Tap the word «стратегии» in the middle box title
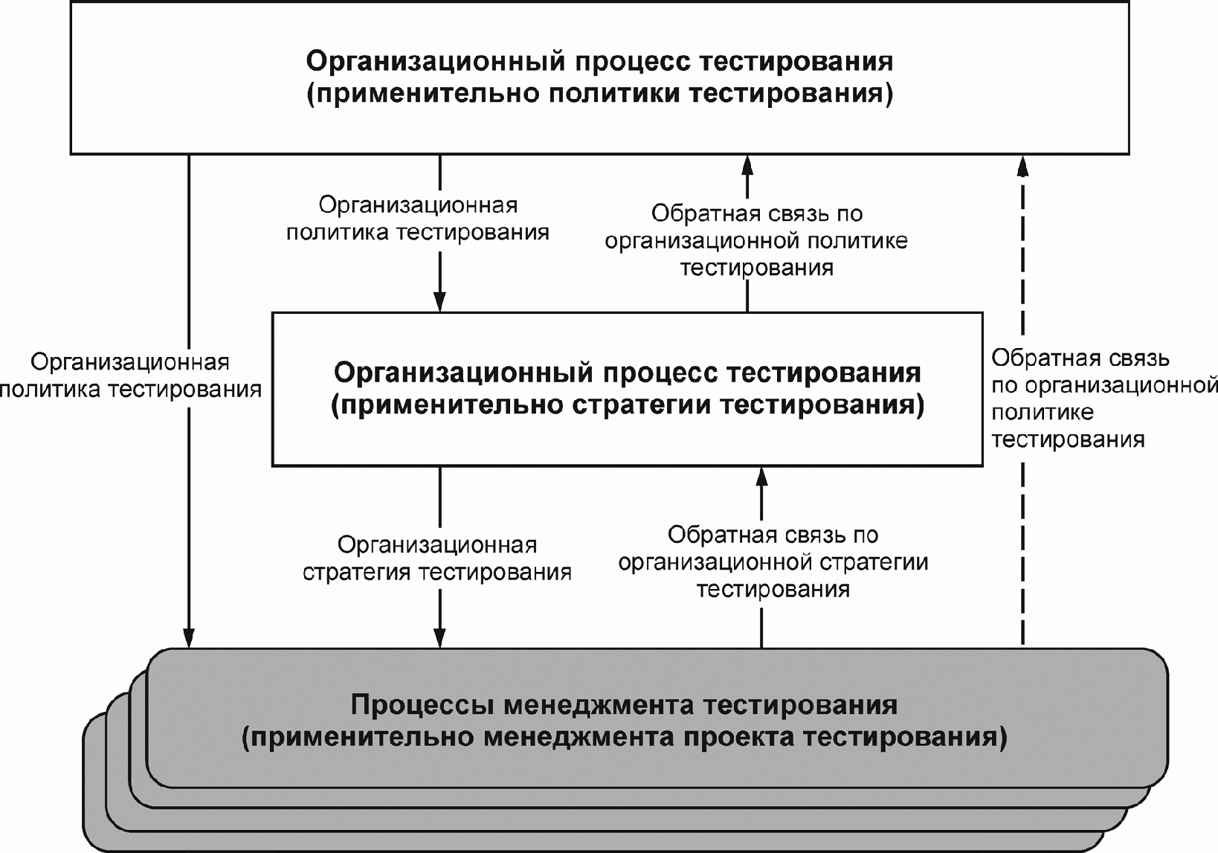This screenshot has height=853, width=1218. pyautogui.click(x=642, y=405)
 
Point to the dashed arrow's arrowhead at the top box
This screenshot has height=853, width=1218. pyautogui.click(x=1022, y=166)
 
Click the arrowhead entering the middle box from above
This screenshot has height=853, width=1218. pyautogui.click(x=439, y=302)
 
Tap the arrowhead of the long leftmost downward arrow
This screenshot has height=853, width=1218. pyautogui.click(x=189, y=638)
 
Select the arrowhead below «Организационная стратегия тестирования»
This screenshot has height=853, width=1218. pyautogui.click(x=439, y=638)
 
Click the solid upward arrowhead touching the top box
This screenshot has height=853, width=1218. pyautogui.click(x=747, y=166)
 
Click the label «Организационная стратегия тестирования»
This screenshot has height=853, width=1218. pyautogui.click(x=437, y=559)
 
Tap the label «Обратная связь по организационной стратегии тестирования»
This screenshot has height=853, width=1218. pyautogui.click(x=773, y=562)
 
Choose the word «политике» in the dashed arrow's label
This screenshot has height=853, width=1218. pyautogui.click(x=1043, y=413)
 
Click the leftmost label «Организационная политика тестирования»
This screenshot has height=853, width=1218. pyautogui.click(x=131, y=376)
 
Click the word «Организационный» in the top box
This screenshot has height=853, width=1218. pyautogui.click(x=436, y=62)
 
